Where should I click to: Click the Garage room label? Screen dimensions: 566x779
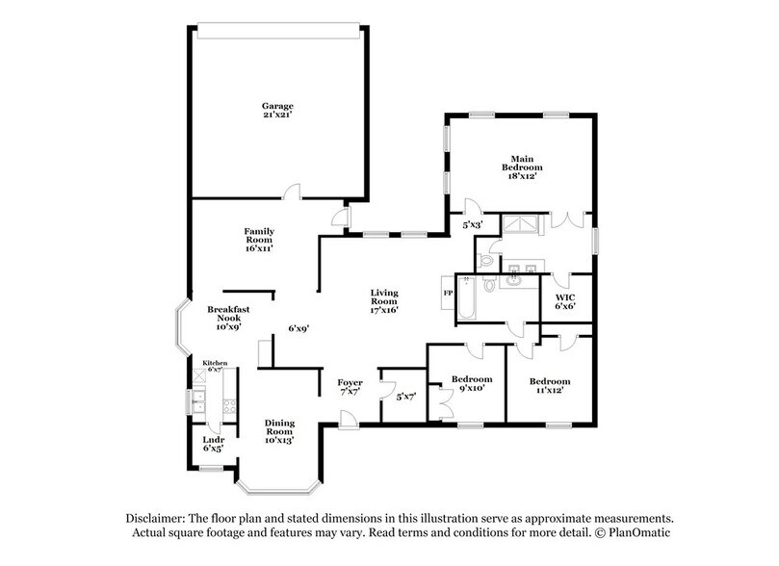277,111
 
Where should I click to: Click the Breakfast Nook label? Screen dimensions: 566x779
228,318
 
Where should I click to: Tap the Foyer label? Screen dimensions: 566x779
350,388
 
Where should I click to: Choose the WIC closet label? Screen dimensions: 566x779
565,301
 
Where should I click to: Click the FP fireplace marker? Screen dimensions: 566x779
448,292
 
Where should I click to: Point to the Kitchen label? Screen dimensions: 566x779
214,365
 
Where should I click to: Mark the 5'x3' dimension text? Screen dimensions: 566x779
472,224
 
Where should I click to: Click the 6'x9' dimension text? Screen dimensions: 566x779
299,328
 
